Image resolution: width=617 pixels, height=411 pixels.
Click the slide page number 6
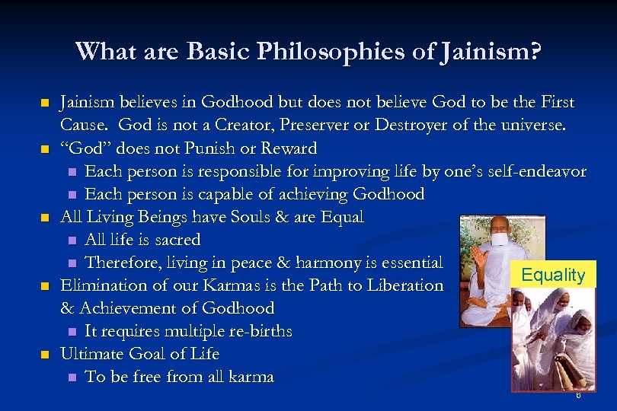pos(579,395)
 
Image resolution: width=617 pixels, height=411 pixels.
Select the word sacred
pos(176,240)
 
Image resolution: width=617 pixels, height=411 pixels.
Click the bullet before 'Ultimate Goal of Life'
pos(45,355)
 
